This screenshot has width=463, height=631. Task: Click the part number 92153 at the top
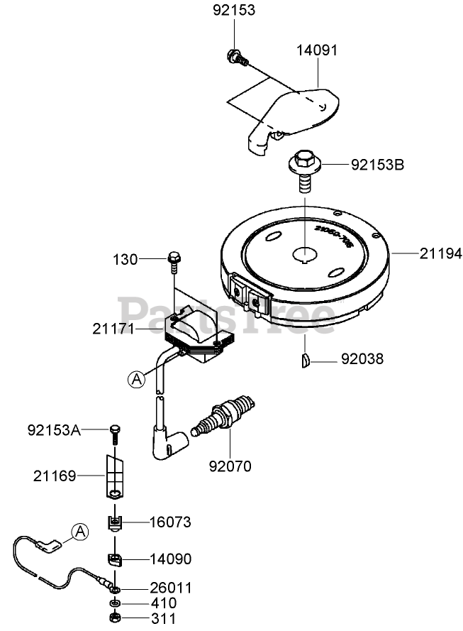coord(234,11)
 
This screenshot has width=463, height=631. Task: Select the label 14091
coord(316,50)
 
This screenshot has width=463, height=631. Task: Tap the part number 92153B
coord(378,165)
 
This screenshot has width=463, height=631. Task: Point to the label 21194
coord(440,252)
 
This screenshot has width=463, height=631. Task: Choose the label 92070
coord(230,466)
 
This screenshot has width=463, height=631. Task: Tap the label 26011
coord(170,588)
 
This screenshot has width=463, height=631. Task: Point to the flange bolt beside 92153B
coord(303,169)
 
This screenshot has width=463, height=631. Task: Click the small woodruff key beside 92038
coord(303,359)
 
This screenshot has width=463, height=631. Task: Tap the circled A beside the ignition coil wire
coord(136,380)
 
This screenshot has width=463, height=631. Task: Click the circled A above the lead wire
coord(80,531)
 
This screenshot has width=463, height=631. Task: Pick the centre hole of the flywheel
coord(304,254)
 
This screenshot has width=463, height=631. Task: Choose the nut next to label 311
coord(114,618)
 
